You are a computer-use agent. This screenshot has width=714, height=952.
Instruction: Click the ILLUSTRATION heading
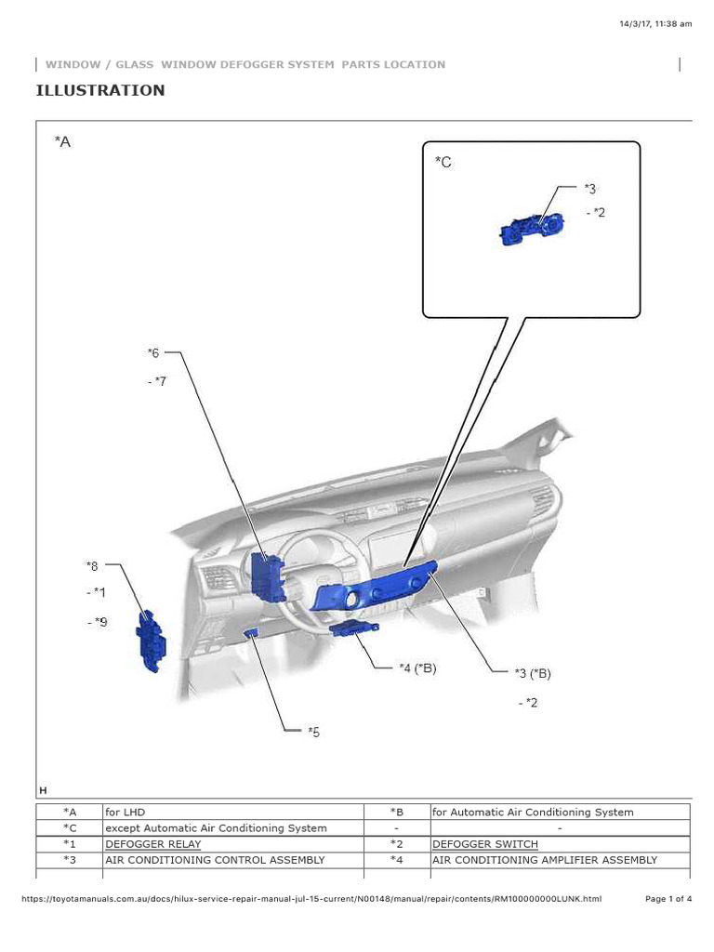click(100, 90)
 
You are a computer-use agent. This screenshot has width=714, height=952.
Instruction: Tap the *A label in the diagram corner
click(62, 141)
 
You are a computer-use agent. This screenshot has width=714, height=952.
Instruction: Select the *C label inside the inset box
click(443, 162)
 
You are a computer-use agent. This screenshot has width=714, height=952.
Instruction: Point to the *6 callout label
click(153, 352)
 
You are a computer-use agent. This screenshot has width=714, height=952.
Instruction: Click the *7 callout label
click(156, 381)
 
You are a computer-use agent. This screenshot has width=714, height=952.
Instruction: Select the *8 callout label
click(91, 564)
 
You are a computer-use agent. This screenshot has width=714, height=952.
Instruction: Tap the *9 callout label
click(98, 622)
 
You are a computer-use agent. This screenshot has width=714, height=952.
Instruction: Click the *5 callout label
click(313, 732)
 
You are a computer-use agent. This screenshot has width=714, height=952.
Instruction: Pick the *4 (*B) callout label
click(416, 667)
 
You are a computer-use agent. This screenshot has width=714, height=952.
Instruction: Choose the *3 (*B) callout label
click(539, 672)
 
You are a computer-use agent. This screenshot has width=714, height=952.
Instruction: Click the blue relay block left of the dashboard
click(151, 641)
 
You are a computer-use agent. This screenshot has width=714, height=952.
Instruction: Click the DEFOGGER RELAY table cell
click(152, 844)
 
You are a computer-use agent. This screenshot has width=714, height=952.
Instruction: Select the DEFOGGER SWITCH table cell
click(484, 844)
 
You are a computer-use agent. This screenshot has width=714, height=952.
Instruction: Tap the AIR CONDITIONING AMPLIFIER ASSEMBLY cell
click(544, 860)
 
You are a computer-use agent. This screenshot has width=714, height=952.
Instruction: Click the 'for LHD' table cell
click(126, 812)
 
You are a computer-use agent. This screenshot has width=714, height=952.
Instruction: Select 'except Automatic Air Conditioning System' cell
click(216, 827)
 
